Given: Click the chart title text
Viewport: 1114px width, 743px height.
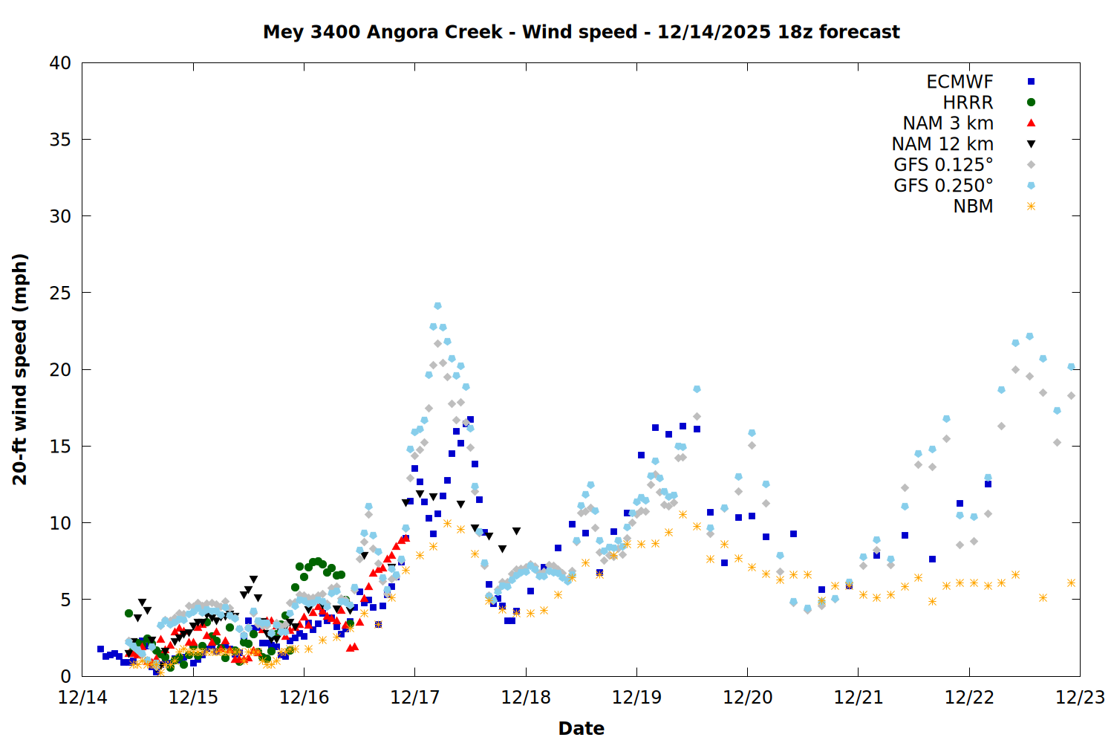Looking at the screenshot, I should pos(581,32).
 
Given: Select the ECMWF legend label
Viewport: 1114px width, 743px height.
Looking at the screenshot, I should pos(960,82).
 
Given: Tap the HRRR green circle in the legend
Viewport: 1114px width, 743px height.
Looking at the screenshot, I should pos(1031,103).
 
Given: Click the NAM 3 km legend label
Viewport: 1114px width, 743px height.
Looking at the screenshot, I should pos(948,123).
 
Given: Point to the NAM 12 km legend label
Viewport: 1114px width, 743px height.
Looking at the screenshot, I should pos(942,144).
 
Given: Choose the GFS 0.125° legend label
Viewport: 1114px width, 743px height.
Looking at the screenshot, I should pos(943,165).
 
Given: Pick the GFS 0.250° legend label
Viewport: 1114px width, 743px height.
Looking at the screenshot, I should pos(943,186).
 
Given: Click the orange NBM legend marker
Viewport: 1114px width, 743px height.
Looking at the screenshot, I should pos(1031,207).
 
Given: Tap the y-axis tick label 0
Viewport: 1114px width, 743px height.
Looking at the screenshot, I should pos(66,676).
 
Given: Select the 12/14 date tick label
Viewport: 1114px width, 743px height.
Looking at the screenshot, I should pos(82,698).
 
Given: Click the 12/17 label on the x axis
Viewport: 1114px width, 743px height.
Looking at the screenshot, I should pos(414,698).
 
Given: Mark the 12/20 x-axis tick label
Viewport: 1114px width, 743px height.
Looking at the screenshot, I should pos(747,698).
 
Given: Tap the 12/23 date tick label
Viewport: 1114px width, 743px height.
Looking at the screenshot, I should pos(1080,698).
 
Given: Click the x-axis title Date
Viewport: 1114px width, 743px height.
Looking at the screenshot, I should pos(581,728).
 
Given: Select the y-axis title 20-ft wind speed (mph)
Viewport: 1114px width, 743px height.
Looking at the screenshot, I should pos(20,369).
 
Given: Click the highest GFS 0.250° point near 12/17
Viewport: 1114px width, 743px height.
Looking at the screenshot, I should pos(437,306).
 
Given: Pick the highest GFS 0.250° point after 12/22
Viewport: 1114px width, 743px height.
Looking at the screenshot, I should pos(1029,337).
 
